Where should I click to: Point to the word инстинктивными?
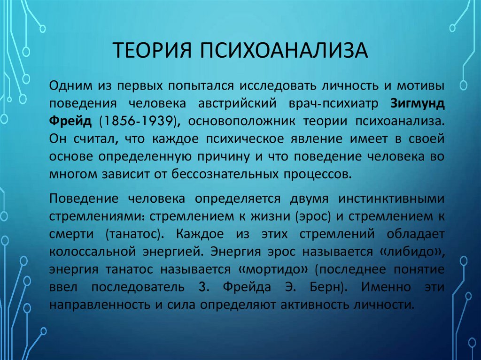[394, 199]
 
